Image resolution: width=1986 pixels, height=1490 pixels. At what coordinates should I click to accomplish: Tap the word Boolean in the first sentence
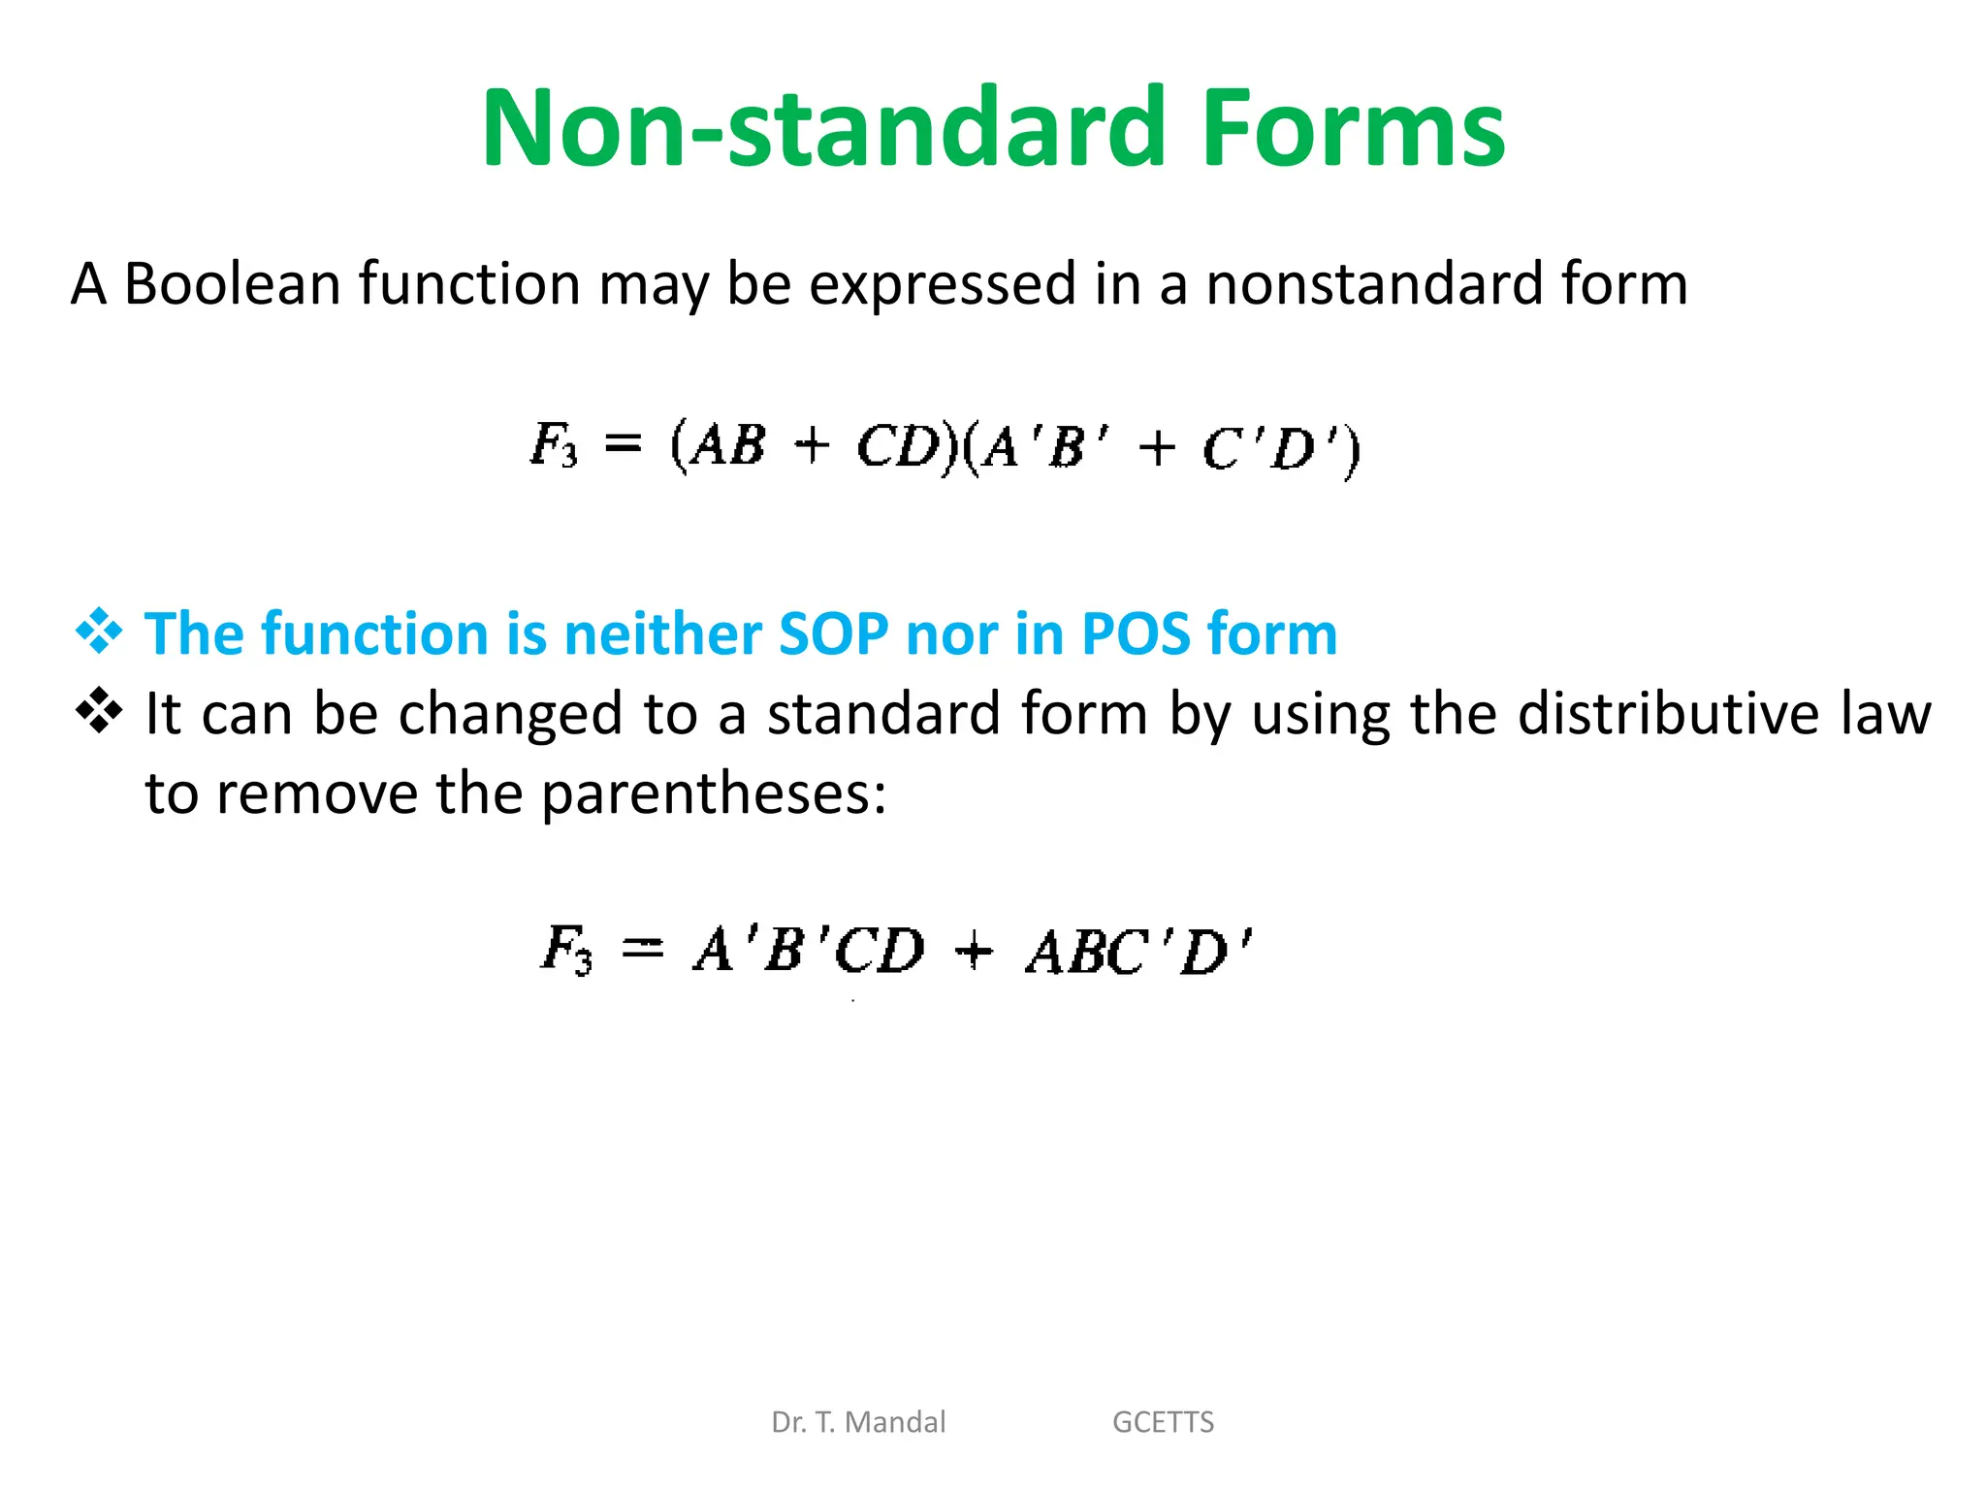[232, 284]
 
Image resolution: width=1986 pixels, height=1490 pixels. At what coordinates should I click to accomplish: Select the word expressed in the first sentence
[942, 284]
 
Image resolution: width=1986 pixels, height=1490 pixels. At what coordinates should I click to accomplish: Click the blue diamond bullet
[99, 632]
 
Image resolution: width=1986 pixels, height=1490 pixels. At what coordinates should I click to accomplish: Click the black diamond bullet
[99, 711]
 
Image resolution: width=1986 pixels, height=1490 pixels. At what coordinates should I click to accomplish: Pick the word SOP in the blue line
[833, 634]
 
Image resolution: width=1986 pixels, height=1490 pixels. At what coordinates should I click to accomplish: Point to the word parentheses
[713, 794]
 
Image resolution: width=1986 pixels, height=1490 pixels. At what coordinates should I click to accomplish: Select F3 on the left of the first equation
[554, 446]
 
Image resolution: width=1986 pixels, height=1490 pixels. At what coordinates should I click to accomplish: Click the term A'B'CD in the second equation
[810, 950]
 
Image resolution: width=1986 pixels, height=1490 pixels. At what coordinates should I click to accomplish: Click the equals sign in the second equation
[642, 948]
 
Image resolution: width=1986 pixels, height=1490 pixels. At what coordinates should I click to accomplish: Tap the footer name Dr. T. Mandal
[858, 1422]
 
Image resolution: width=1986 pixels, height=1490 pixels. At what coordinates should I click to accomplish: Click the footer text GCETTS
[1163, 1422]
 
